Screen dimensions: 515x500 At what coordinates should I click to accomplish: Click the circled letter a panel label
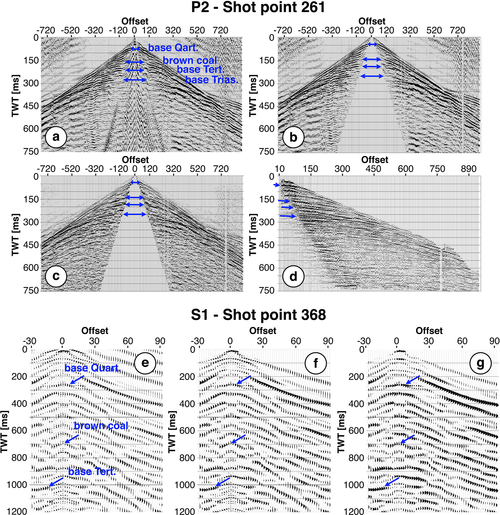(x=56, y=137)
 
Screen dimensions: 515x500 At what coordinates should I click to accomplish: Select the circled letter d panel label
(x=293, y=276)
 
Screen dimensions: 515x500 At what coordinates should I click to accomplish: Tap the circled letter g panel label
(x=480, y=363)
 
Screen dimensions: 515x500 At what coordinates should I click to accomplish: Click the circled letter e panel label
(x=145, y=363)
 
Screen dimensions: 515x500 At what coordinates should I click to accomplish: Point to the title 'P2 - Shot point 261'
(x=258, y=7)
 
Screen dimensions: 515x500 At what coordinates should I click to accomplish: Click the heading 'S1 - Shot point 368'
(x=258, y=315)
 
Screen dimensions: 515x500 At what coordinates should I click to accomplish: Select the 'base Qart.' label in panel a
(x=173, y=48)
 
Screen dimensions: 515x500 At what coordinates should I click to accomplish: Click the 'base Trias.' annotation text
(x=212, y=80)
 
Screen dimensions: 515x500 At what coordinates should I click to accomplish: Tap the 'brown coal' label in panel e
(x=101, y=426)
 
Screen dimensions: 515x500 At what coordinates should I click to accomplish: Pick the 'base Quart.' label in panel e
(x=93, y=368)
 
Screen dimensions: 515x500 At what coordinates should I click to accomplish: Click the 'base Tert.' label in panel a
(x=201, y=69)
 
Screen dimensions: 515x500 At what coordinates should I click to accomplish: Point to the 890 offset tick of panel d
(x=469, y=169)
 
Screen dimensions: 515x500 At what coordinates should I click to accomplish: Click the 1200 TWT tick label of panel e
(x=17, y=511)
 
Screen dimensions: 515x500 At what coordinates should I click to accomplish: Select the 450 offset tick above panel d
(x=373, y=169)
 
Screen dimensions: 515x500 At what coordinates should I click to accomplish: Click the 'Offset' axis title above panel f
(x=263, y=331)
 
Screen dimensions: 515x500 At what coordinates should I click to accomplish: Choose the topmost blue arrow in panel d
(x=277, y=185)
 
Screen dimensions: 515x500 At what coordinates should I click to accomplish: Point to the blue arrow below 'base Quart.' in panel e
(x=77, y=380)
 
